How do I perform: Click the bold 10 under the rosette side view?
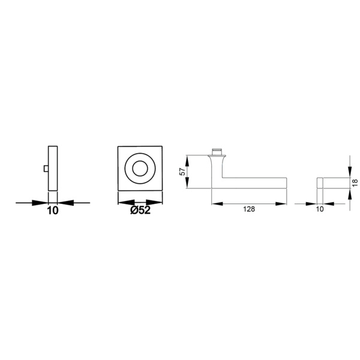[x=53, y=211]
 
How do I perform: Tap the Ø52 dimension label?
[x=140, y=210]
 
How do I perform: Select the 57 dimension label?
[x=182, y=172]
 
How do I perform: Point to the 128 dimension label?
[x=249, y=209]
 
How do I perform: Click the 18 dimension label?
[x=355, y=183]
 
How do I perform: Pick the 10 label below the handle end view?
[x=320, y=209]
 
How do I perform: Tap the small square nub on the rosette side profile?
[x=46, y=169]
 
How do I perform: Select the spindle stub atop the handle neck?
[x=217, y=152]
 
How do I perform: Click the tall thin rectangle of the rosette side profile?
[x=53, y=168]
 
